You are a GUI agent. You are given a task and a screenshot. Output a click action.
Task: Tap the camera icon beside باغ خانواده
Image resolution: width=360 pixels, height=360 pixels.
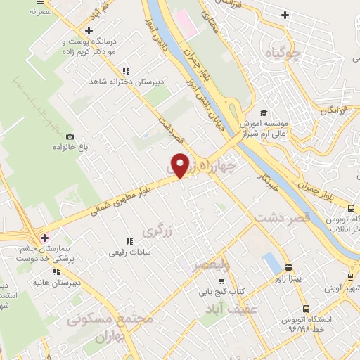tap(69, 136)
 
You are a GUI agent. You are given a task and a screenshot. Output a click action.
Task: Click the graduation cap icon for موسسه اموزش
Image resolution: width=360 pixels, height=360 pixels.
tap(263, 112)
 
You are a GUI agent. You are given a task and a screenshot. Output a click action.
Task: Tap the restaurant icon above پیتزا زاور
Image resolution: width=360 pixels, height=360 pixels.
tap(288, 267)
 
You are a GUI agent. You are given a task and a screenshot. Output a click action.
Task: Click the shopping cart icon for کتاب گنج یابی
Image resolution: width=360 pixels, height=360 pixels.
tap(221, 281)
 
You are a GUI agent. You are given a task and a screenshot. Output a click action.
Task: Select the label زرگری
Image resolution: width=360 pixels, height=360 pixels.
tap(157, 230)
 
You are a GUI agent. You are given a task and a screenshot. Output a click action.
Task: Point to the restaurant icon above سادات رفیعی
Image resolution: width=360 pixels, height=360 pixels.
tap(128, 242)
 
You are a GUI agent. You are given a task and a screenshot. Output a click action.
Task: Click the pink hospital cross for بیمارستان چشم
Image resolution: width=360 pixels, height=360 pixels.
tap(44, 237)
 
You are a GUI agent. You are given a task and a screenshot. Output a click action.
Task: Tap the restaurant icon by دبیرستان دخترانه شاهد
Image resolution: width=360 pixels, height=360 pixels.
tap(126, 71)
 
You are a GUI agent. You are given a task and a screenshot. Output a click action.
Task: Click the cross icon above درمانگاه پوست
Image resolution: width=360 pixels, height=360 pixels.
tap(89, 30)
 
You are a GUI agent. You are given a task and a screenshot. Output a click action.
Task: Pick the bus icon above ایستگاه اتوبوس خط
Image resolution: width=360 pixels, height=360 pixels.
tap(306, 309)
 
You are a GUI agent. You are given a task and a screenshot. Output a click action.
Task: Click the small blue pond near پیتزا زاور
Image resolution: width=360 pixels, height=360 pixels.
tap(271, 264)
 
